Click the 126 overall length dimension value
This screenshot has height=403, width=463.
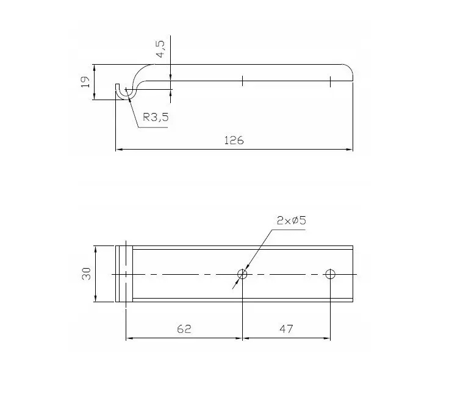tap(234, 140)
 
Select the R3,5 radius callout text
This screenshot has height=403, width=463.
tap(156, 117)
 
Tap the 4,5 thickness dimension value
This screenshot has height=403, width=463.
tap(160, 49)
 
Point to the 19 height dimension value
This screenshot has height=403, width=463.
tap(85, 82)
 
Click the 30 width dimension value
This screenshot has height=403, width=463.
tap(86, 274)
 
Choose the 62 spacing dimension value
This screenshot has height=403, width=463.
tap(184, 329)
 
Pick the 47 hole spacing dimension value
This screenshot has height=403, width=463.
tap(286, 329)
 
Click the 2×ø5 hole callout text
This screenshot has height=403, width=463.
tap(291, 220)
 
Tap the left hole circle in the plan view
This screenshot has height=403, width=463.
tap(242, 274)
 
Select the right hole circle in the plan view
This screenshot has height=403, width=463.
tap(330, 274)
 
